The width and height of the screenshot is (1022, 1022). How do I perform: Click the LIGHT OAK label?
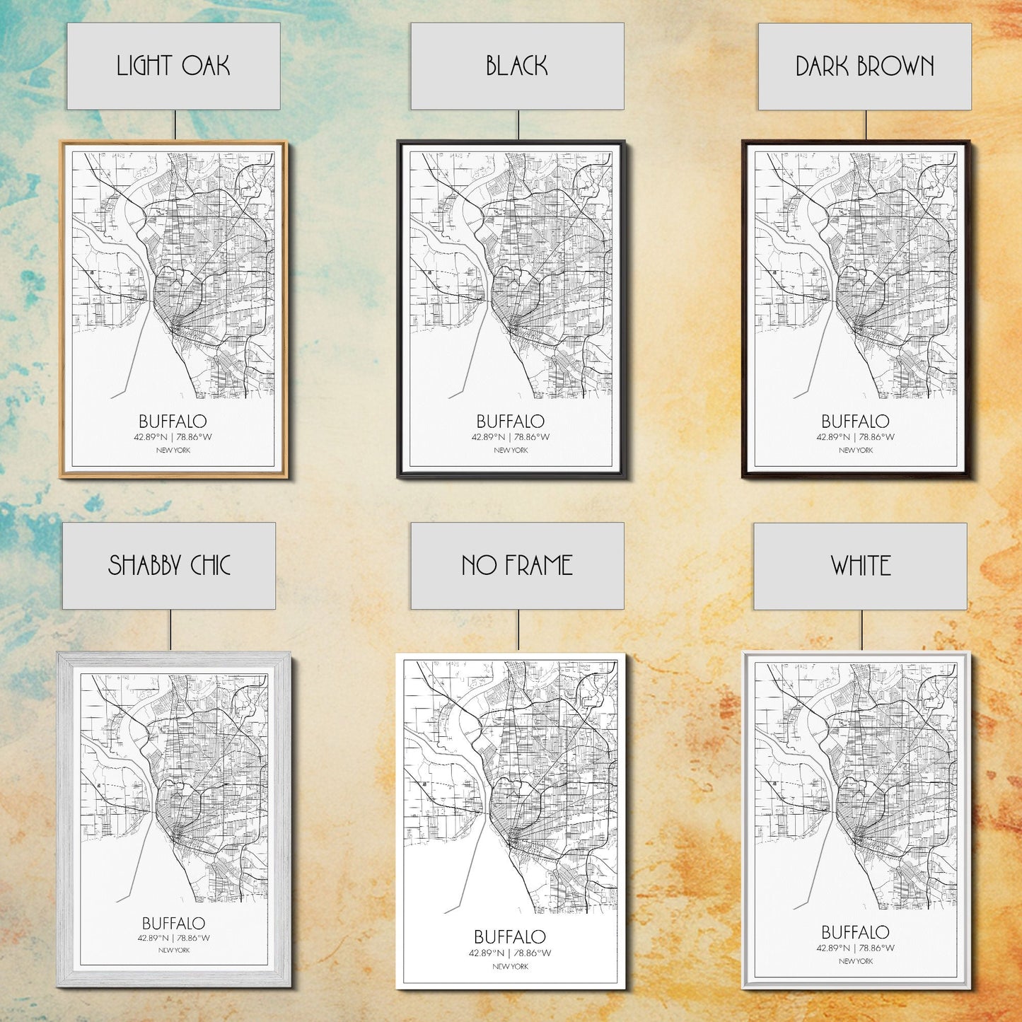[x=173, y=66]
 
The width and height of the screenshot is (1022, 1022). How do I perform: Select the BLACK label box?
[x=517, y=66]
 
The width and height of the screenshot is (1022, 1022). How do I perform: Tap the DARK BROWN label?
[x=864, y=66]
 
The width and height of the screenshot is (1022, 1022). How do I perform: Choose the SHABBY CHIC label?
[x=169, y=565]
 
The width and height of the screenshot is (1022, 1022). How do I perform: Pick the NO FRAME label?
[x=517, y=565]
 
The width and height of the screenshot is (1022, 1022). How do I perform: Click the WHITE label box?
[x=860, y=566]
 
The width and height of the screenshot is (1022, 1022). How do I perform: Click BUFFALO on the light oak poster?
[x=173, y=422]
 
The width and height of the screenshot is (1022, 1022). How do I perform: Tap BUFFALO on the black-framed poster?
[x=511, y=422]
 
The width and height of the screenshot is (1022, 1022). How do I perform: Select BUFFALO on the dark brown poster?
[x=856, y=422]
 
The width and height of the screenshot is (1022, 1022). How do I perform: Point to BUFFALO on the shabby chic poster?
[x=173, y=923]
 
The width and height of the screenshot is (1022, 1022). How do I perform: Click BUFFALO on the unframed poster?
[x=510, y=936]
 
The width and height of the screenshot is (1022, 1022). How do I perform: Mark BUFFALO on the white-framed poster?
[x=856, y=932]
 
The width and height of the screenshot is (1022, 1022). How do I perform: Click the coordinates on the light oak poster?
[x=173, y=437]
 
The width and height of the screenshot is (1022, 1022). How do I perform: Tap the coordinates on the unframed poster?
[x=510, y=953]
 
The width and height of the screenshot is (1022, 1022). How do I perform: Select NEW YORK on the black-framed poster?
[x=511, y=450]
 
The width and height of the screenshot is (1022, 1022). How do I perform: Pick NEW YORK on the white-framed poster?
[x=856, y=961]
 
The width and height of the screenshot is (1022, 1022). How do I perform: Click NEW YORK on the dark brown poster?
[x=856, y=450]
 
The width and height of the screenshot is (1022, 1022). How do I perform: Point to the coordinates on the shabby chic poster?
[x=173, y=939]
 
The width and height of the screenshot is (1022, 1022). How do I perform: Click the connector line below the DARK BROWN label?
[x=866, y=125]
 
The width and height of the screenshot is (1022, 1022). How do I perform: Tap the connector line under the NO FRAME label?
[x=518, y=629]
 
